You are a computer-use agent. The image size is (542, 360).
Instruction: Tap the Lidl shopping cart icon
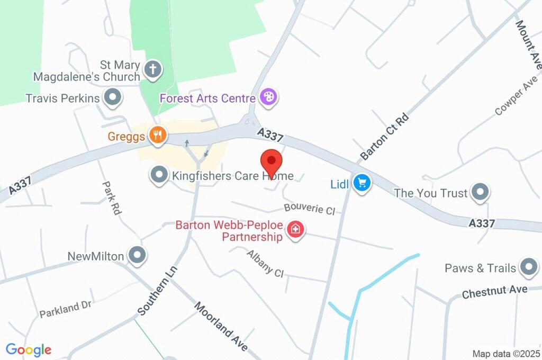(x=363, y=184)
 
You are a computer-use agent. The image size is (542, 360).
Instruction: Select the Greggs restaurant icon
(x=157, y=136)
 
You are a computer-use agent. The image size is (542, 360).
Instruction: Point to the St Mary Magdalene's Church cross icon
(x=153, y=69)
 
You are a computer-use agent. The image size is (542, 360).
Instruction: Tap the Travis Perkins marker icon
(x=112, y=97)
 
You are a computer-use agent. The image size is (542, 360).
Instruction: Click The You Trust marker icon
(x=480, y=192)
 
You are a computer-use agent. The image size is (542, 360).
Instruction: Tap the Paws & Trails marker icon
(x=528, y=268)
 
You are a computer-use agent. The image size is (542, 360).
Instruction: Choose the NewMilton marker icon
(x=138, y=255)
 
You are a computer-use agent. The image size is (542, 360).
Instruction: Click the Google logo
(x=29, y=350)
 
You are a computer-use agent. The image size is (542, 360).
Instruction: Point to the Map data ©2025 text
(x=507, y=353)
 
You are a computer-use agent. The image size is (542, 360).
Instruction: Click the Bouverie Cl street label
(x=310, y=209)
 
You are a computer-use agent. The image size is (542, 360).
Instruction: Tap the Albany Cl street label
(x=265, y=263)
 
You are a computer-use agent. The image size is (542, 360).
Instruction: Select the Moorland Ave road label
(x=221, y=327)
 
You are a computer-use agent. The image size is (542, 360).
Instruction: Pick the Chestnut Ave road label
(x=494, y=291)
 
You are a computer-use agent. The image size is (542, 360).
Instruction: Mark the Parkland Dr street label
(x=66, y=310)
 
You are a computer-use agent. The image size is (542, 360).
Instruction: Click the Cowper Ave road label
(x=516, y=95)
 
